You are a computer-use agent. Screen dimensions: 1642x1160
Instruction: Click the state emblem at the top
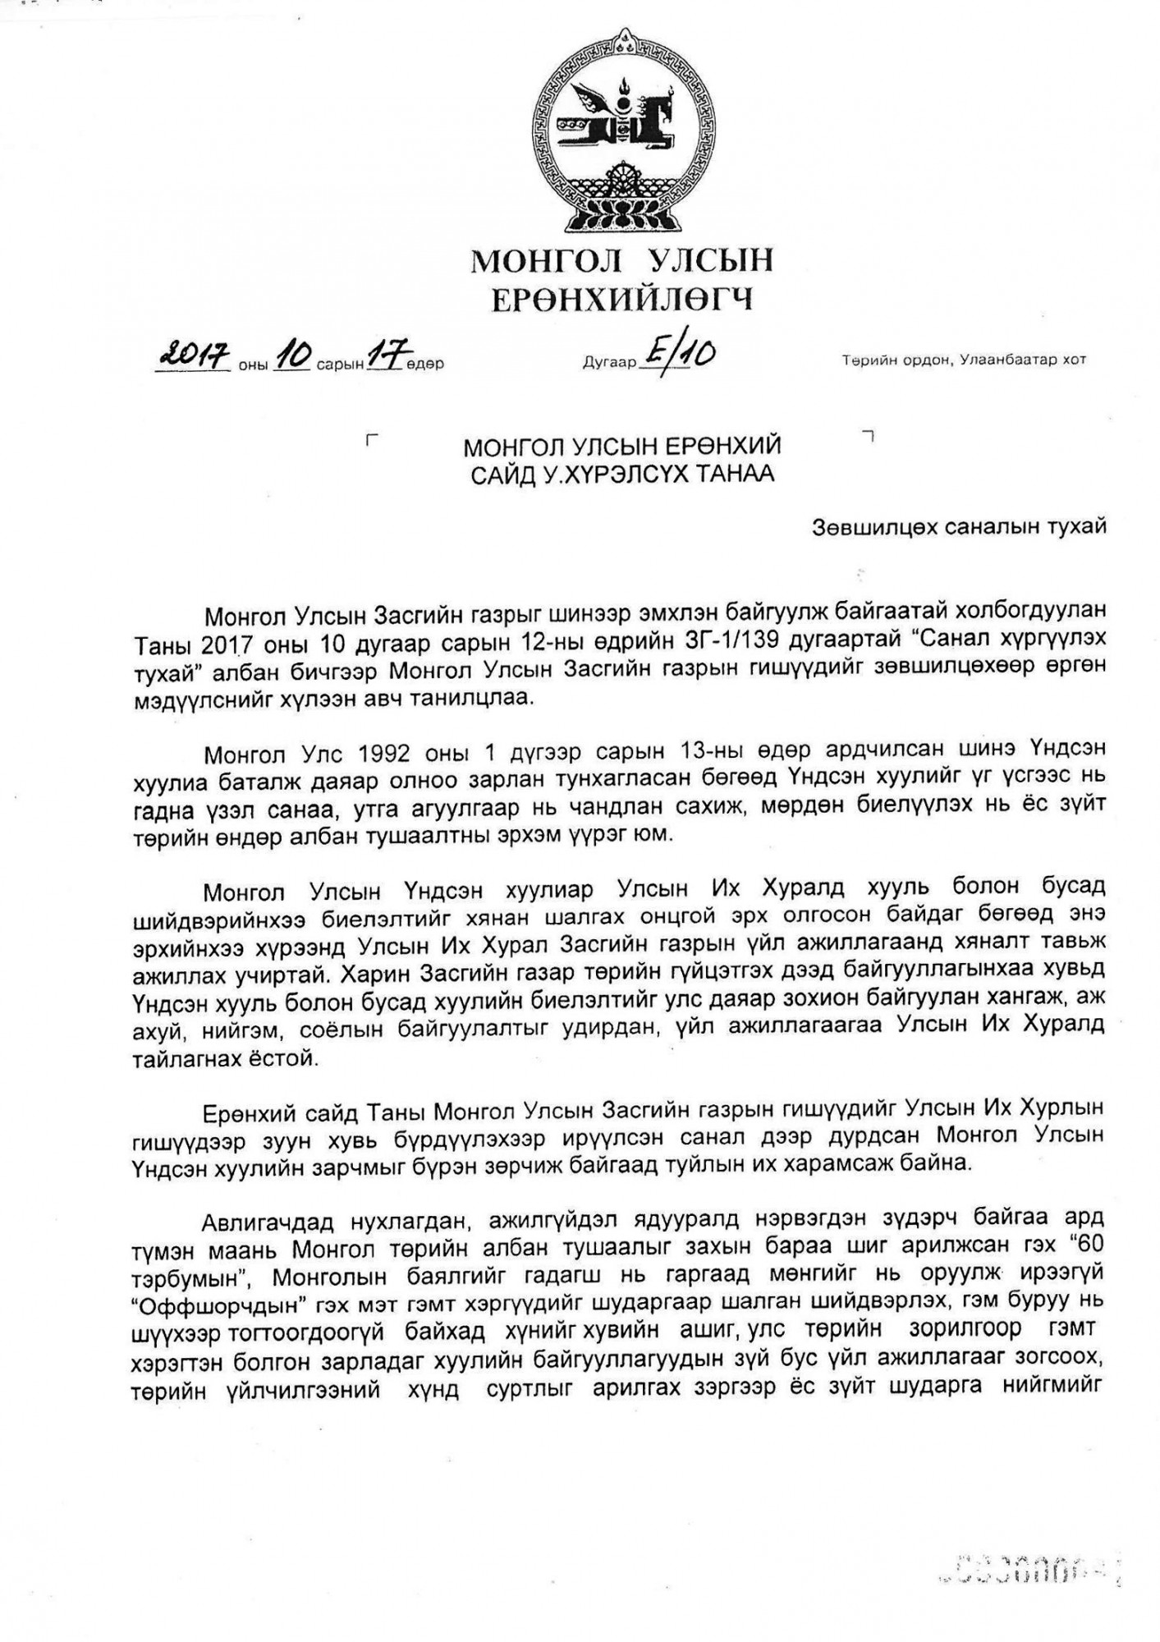621,131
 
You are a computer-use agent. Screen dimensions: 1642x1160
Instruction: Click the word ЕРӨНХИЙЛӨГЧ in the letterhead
621,300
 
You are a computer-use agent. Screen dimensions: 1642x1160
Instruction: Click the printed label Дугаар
609,362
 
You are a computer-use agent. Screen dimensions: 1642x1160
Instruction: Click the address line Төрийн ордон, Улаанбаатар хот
964,360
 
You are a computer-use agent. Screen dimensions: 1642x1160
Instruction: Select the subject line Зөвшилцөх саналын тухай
959,526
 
